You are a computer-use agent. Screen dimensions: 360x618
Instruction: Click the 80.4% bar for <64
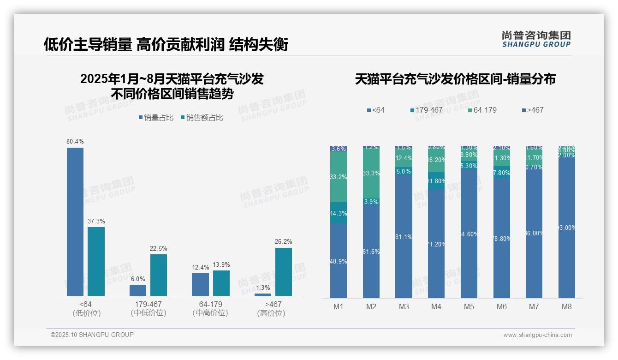75,222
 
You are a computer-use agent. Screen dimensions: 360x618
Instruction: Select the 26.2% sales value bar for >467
284,272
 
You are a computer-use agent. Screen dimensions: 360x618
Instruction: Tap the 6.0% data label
138,279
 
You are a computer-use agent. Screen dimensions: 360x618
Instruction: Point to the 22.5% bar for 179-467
159,275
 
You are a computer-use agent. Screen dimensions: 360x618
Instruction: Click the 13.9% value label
221,264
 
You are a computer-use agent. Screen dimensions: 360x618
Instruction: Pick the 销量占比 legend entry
156,118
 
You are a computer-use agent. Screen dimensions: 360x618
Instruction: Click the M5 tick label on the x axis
469,306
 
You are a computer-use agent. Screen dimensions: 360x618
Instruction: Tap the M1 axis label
339,306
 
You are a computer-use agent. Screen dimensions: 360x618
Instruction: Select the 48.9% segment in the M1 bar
339,261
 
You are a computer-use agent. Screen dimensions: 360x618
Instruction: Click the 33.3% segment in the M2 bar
371,174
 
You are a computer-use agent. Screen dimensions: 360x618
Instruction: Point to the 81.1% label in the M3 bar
404,237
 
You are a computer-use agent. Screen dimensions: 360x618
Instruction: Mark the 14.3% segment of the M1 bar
339,213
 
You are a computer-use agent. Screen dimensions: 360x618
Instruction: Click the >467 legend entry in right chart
533,110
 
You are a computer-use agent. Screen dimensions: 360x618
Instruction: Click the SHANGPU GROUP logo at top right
536,39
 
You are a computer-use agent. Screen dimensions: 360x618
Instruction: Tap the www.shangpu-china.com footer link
537,335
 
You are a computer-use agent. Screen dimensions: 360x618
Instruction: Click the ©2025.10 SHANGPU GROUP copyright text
92,335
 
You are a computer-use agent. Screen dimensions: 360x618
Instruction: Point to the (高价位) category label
271,313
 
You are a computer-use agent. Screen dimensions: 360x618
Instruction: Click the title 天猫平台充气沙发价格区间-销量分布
455,79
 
